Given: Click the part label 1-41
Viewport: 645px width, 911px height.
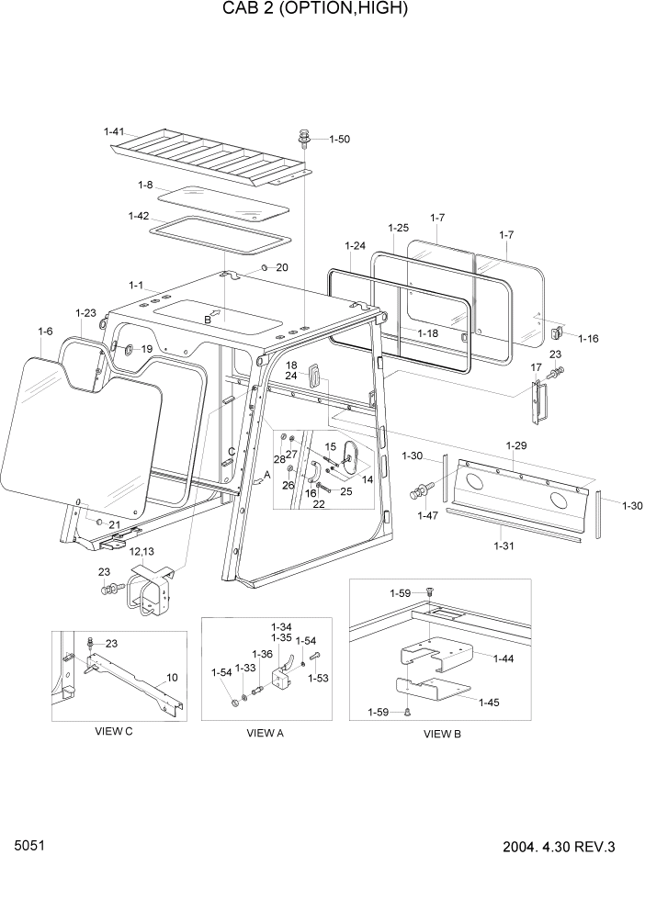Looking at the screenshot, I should point(115,132).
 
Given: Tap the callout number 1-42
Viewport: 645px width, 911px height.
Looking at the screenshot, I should point(139,216).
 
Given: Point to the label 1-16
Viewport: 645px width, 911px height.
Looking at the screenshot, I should point(588,339).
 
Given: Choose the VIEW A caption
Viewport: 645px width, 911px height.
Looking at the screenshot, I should point(265,734).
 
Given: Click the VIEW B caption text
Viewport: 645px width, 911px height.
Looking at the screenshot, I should point(443,734).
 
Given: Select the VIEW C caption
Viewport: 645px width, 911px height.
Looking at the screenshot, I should point(114,731).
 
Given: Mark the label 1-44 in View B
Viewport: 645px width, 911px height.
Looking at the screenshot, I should point(504,659).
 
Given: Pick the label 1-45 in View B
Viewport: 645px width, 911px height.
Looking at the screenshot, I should point(489,703).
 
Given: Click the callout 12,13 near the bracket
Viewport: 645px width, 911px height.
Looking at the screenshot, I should point(142,552).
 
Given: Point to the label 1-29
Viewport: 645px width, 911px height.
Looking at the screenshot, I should point(516,445).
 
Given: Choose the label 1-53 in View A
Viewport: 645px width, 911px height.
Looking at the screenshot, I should point(318,679).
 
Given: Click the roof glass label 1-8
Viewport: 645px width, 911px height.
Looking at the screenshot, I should point(144,186).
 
